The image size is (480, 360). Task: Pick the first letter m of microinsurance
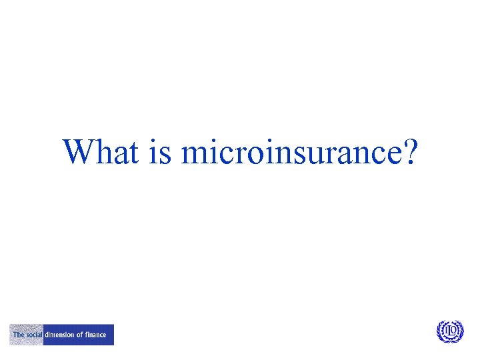(193, 155)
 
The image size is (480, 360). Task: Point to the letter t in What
(132, 153)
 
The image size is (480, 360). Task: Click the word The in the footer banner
(18, 335)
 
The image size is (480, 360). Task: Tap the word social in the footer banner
(34, 335)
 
